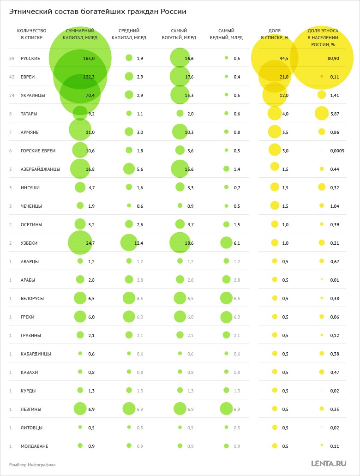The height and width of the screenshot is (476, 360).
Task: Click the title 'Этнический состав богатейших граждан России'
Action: click(98, 12)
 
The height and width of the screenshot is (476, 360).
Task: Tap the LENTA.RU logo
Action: click(329, 463)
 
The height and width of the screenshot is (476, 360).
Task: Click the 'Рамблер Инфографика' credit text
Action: click(32, 464)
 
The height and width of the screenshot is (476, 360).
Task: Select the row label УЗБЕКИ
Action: click(29, 243)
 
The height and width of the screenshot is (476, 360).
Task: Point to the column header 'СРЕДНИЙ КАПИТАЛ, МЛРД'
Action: click(129, 34)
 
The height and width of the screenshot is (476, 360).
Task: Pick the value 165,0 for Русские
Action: click(89, 58)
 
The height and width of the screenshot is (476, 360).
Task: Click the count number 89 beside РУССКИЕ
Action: click(12, 58)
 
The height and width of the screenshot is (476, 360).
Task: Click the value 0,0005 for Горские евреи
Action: click(337, 151)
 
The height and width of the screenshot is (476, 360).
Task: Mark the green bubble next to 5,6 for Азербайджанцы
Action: click(129, 169)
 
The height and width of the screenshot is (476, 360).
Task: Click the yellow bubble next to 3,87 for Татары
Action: click(322, 114)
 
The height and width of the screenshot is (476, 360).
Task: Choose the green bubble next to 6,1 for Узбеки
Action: click(226, 243)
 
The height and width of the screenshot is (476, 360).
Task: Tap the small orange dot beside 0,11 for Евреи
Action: click(322, 77)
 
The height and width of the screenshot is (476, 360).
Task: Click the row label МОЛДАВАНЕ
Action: click(35, 446)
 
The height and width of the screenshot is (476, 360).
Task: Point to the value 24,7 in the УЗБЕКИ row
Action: click(90, 243)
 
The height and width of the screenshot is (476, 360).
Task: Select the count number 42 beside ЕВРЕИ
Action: click(12, 77)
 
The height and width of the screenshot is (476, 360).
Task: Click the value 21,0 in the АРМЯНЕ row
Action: click(90, 132)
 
